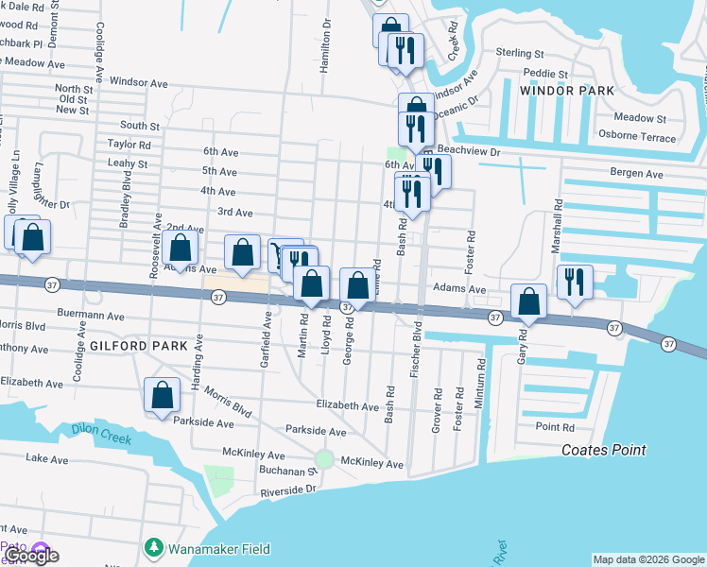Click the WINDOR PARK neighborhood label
[566, 91]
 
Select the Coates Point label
[603, 451]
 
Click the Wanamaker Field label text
[219, 549]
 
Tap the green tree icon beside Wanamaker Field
[153, 548]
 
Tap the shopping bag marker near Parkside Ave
[162, 395]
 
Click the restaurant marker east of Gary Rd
[575, 282]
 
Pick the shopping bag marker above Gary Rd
[529, 302]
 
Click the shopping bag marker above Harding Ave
[180, 249]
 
